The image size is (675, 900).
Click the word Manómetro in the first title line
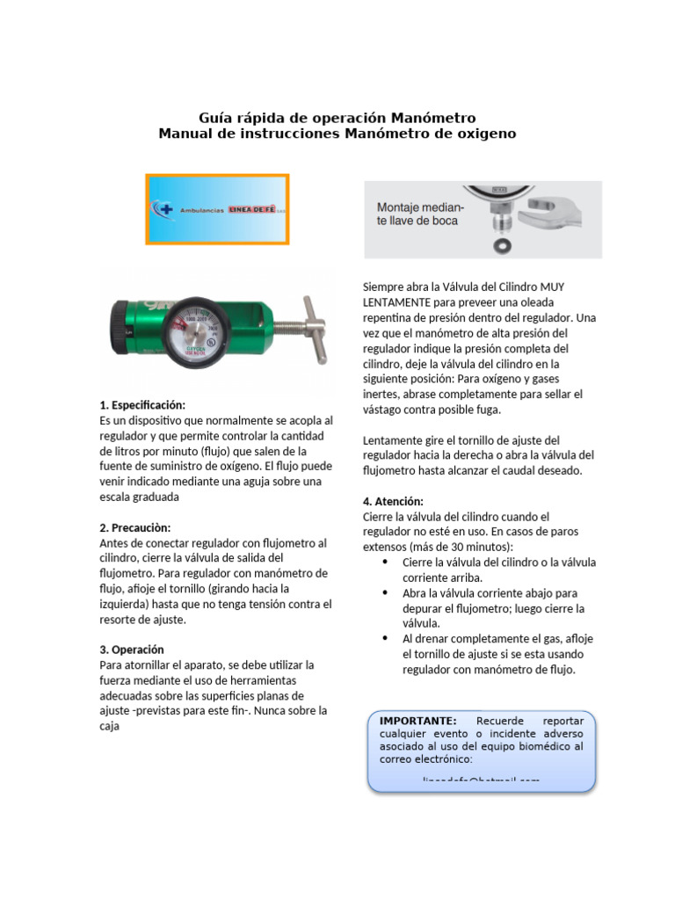[x=432, y=117]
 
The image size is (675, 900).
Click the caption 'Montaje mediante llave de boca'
[x=418, y=214]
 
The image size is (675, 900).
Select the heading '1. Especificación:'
[x=142, y=405]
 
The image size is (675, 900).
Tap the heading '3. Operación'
[x=132, y=650]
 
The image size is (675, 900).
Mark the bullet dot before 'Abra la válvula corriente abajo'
[x=386, y=593]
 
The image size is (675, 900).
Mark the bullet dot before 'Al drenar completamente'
[x=386, y=639]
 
